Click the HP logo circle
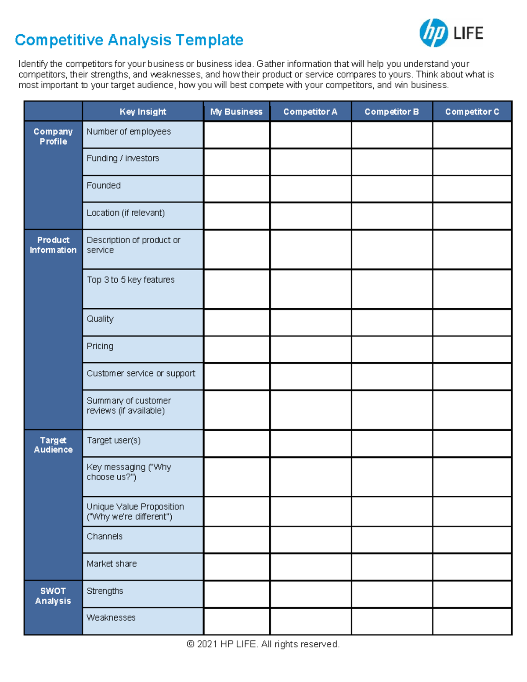click(433, 33)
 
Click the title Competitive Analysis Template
click(129, 40)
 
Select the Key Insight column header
click(143, 112)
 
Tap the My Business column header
click(236, 112)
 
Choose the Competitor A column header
click(310, 112)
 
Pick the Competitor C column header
click(472, 112)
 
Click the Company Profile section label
click(53, 137)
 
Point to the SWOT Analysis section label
click(53, 596)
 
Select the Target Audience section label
click(53, 445)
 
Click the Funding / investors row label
click(123, 159)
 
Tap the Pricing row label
click(100, 346)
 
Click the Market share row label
click(112, 564)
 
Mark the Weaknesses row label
click(111, 618)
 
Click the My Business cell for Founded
click(237, 189)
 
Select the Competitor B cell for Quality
click(392, 322)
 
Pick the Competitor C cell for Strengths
click(472, 594)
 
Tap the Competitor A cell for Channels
click(310, 540)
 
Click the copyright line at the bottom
click(263, 644)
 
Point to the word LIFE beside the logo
click(468, 33)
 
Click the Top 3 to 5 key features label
click(130, 280)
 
